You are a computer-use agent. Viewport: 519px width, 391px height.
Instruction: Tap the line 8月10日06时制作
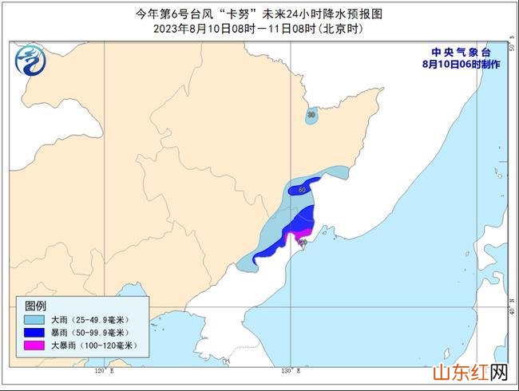click(462, 64)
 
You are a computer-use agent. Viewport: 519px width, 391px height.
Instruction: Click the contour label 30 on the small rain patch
click(311, 116)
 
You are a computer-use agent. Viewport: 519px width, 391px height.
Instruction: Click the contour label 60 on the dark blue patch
click(302, 190)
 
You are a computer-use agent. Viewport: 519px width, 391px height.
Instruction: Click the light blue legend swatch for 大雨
click(33, 320)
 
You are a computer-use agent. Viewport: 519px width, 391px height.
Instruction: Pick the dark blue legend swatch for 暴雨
click(33, 333)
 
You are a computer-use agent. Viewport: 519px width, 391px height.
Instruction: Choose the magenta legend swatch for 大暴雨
click(33, 346)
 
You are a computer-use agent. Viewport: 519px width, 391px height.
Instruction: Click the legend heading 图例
click(35, 306)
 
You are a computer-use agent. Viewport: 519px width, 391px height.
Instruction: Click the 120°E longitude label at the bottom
click(101, 370)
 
